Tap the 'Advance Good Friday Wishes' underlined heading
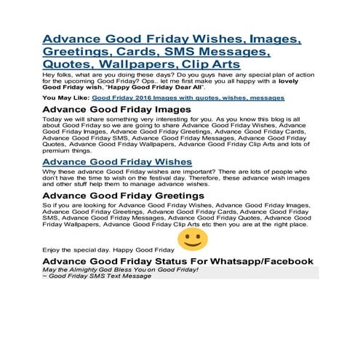click(117, 161)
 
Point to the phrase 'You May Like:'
click(65, 97)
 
